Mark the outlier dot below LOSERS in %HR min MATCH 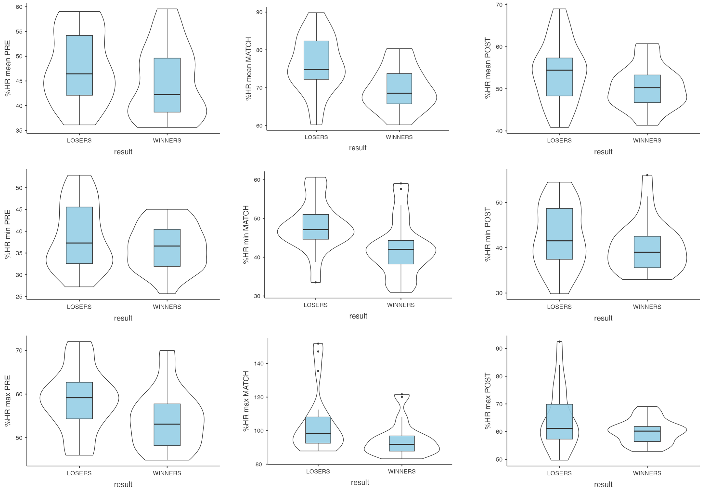coord(316,282)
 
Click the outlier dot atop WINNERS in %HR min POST coord(647,175)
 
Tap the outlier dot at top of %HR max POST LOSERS coord(560,342)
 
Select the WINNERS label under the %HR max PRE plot coord(167,473)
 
